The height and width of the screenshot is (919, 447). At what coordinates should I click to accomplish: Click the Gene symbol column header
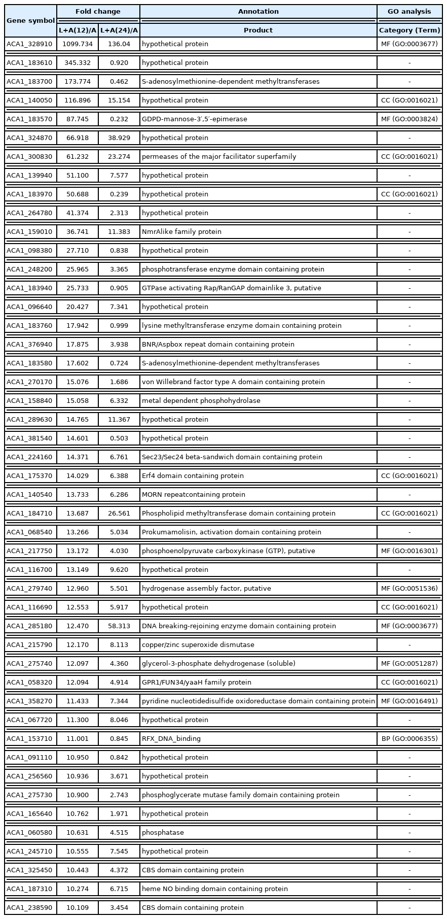[x=30, y=21]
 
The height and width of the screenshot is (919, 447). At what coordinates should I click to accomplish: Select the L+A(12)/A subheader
[x=78, y=30]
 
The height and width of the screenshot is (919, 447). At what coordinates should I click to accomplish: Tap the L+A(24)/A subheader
[x=119, y=30]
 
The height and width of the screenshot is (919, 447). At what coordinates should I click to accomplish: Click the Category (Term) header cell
[x=409, y=30]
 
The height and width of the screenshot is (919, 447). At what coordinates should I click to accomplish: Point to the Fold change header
[x=98, y=11]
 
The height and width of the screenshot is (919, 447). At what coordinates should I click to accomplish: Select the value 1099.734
[x=78, y=44]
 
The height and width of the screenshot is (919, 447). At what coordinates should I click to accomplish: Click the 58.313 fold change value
[x=119, y=626]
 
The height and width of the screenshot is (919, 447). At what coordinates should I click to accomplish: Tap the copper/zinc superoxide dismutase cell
[x=198, y=645]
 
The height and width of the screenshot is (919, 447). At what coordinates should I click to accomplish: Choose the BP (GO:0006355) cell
[x=409, y=739]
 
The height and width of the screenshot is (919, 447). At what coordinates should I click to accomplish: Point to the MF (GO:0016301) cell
[x=409, y=551]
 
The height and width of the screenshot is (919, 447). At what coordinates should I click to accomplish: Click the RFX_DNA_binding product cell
[x=171, y=739]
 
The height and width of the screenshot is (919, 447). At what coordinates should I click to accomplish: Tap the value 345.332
[x=78, y=63]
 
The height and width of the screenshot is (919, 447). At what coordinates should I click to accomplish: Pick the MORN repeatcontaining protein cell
[x=194, y=495]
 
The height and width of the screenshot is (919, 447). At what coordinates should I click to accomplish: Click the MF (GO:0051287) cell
[x=409, y=664]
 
